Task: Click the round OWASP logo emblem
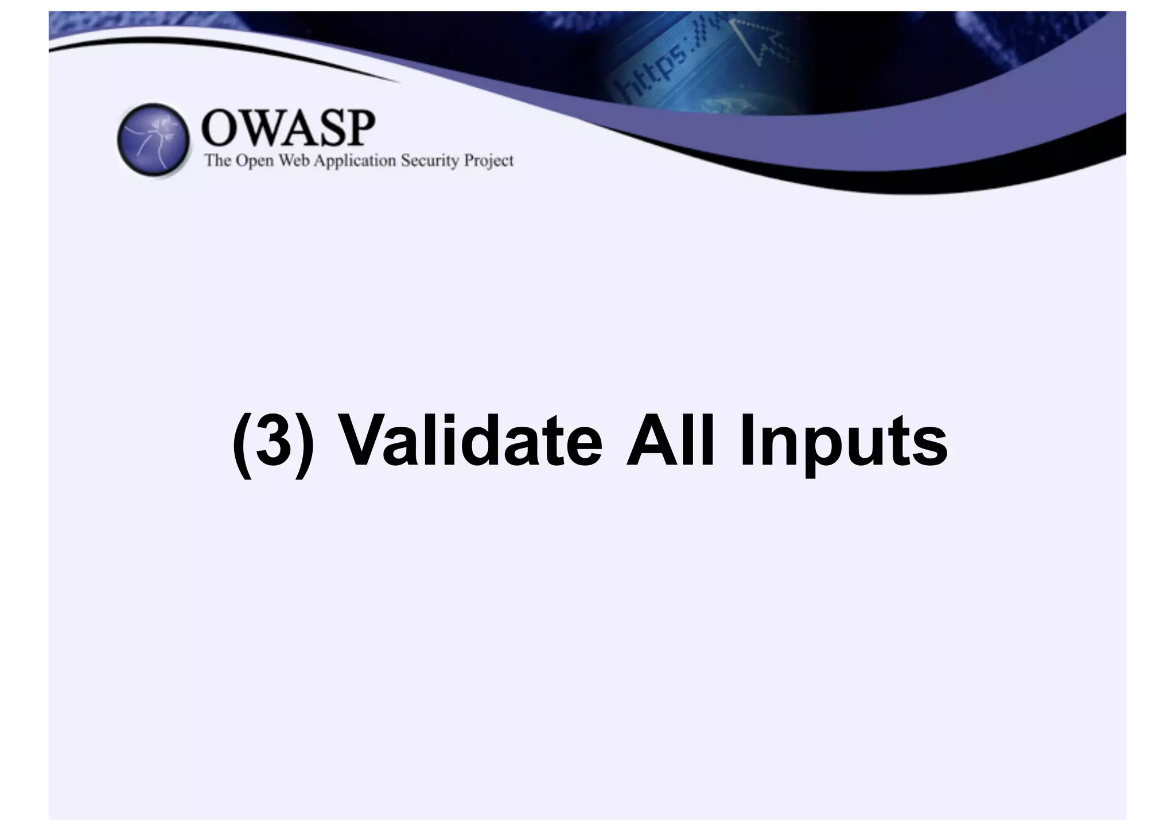click(153, 140)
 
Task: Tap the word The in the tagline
click(217, 160)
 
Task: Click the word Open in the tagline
click(255, 161)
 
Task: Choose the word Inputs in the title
click(843, 444)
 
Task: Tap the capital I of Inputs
click(745, 441)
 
